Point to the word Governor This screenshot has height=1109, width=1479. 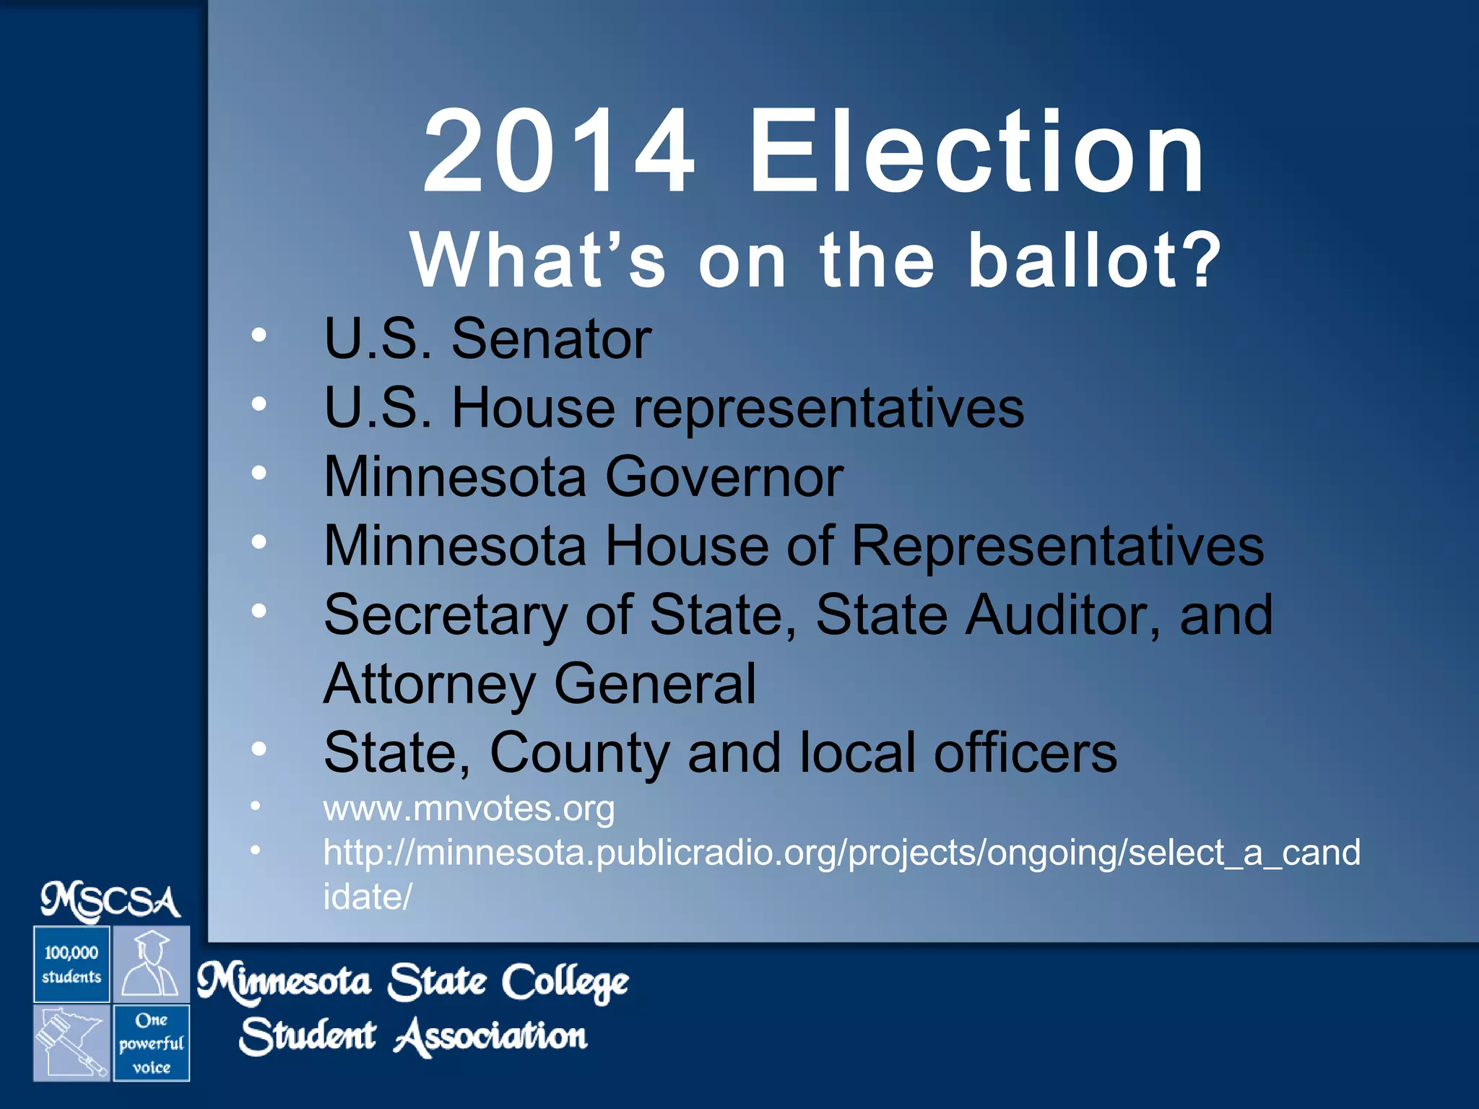pyautogui.click(x=724, y=477)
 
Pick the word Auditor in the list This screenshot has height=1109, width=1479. pyautogui.click(x=1064, y=615)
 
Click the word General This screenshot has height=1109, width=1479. pyautogui.click(x=655, y=684)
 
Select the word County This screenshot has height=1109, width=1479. pyautogui.click(x=579, y=753)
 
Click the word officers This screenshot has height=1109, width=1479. pyautogui.click(x=1025, y=753)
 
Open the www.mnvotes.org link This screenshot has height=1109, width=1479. pyautogui.click(x=469, y=808)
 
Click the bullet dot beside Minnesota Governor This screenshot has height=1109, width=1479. pyautogui.click(x=259, y=473)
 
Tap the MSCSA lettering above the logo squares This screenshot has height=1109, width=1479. pyautogui.click(x=110, y=903)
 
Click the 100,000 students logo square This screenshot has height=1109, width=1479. pyautogui.click(x=71, y=965)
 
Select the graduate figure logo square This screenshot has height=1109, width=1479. pyautogui.click(x=151, y=965)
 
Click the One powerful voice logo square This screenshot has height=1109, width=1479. pyautogui.click(x=151, y=1043)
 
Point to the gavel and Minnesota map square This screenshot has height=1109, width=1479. pyautogui.click(x=71, y=1043)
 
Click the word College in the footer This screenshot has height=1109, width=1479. pyautogui.click(x=565, y=983)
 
